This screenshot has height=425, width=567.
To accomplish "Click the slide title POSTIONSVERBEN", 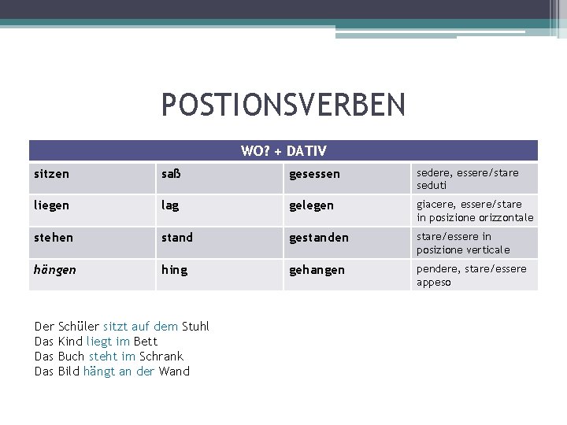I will [x=283, y=104].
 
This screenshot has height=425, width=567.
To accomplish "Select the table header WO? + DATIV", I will [x=283, y=150].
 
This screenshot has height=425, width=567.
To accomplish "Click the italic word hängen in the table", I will [x=56, y=269].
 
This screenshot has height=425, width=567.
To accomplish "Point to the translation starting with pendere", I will [x=472, y=275].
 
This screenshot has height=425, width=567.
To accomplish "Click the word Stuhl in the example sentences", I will [x=195, y=326].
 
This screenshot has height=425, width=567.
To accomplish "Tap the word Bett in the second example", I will [x=146, y=341].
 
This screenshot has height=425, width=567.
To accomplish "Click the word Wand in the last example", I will [x=174, y=371].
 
